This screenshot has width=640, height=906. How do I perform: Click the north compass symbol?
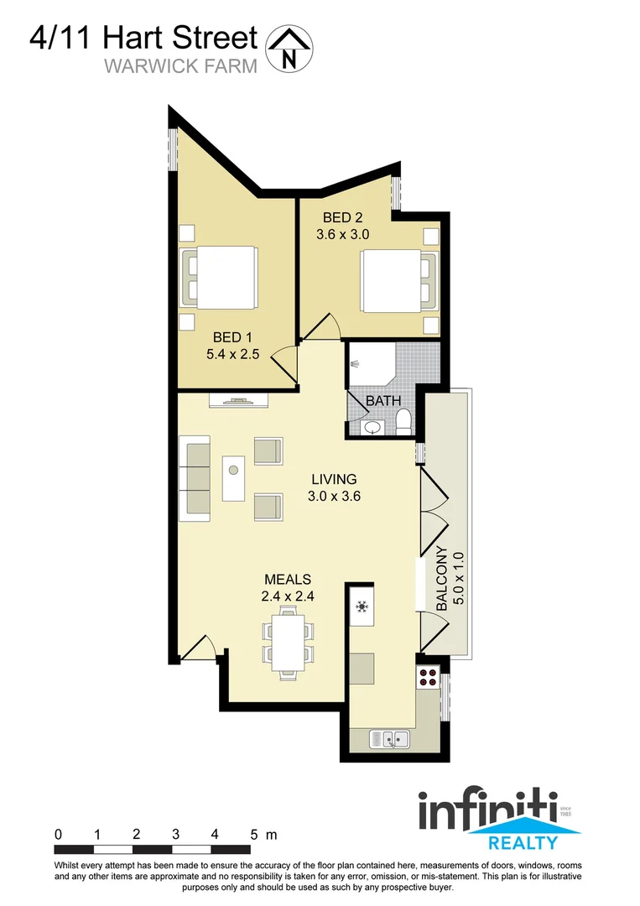pyautogui.click(x=289, y=48)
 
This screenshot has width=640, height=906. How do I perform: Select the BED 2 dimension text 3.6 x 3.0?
pyautogui.click(x=342, y=235)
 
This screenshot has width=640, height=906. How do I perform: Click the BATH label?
pyautogui.click(x=382, y=402)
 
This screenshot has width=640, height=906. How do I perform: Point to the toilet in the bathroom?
pyautogui.click(x=403, y=421)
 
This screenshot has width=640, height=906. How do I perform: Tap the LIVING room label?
pyautogui.click(x=334, y=480)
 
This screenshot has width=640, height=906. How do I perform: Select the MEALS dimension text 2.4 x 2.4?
pyautogui.click(x=288, y=597)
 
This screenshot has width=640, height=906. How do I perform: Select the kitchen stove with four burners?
pyautogui.click(x=428, y=677)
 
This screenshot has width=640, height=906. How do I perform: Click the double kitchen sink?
pyautogui.click(x=390, y=740)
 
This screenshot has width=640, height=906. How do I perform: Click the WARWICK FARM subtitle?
pyautogui.click(x=180, y=67)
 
